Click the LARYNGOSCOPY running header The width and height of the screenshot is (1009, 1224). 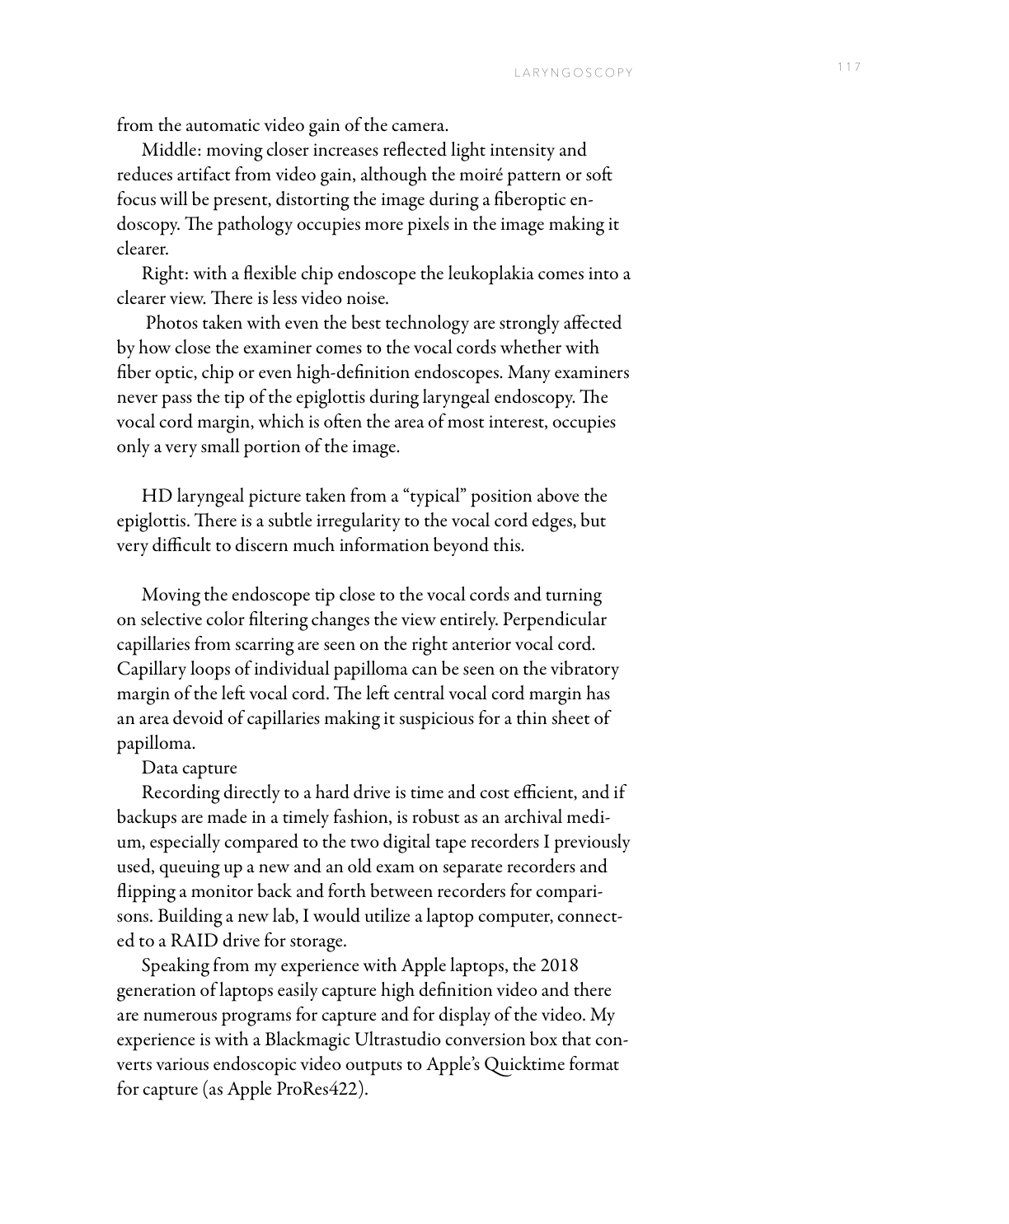point(574,72)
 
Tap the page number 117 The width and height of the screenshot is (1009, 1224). point(849,67)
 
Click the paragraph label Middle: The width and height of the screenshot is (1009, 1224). point(167,151)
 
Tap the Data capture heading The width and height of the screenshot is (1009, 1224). point(189,769)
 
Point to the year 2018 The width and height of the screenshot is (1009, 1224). point(560,966)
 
